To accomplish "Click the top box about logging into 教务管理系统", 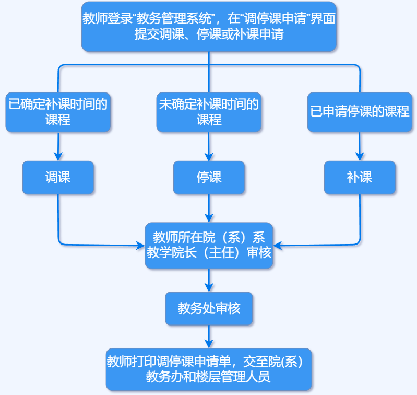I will point(209,27).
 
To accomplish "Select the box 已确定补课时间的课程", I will point(58,112).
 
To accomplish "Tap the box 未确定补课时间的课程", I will point(209,112).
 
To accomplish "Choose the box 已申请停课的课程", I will point(360,112).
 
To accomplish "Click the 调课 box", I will point(58,178).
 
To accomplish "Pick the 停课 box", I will point(209,178).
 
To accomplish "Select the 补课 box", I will point(360,178).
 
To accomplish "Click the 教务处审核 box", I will point(209,308).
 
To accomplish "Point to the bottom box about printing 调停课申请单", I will point(209,369).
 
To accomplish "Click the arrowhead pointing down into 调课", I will point(58,156).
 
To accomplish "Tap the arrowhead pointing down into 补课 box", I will point(360,156).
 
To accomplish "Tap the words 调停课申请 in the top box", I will point(275,19).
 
